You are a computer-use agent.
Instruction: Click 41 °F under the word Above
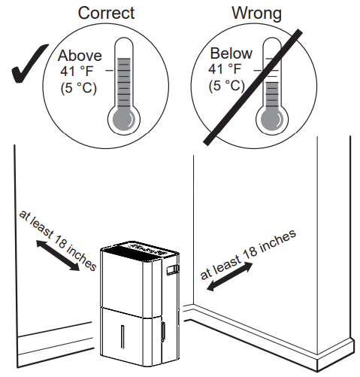(77, 71)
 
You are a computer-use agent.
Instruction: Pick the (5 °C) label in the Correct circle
(77, 87)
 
